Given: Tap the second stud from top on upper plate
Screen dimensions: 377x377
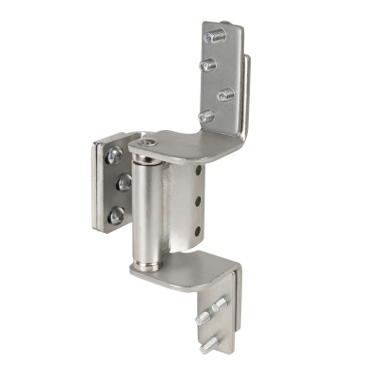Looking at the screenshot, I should [x=208, y=65].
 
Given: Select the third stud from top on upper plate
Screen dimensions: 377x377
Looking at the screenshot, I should [x=225, y=94].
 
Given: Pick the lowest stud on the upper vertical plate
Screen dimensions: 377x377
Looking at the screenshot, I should [x=206, y=116].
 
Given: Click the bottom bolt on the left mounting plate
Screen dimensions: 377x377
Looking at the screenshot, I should [x=115, y=215].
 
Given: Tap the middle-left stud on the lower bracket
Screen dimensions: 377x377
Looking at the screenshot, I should [x=203, y=320].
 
